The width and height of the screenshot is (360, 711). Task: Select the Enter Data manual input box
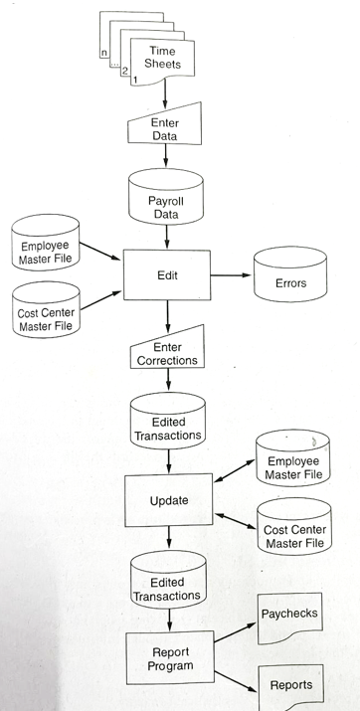(165, 128)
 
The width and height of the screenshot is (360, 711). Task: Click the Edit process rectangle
(167, 274)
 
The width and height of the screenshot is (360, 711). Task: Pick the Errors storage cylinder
(290, 282)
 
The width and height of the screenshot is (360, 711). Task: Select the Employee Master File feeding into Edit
(44, 253)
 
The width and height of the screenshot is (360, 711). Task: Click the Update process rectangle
(168, 500)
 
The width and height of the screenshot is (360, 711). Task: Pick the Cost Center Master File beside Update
(293, 536)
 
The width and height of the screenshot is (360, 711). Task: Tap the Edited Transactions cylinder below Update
(167, 588)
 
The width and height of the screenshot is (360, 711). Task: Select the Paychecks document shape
(289, 616)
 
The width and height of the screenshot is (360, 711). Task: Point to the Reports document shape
(290, 685)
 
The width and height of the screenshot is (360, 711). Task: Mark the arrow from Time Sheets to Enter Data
(165, 92)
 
